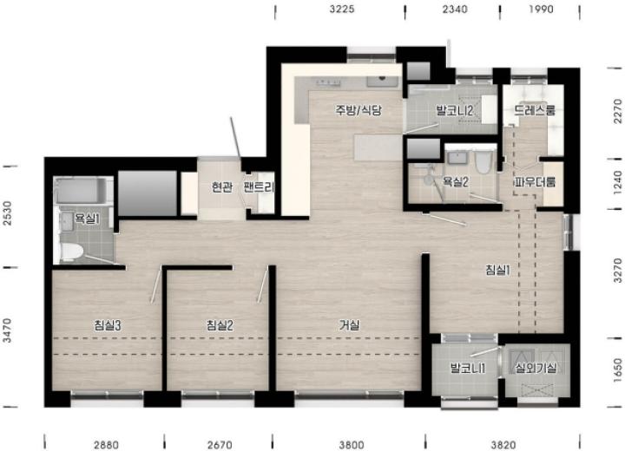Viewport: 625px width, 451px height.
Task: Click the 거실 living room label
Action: (349, 325)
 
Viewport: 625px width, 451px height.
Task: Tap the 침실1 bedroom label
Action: (498, 270)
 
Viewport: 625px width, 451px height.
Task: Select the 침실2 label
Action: (220, 325)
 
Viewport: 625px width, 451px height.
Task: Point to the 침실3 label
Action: (108, 325)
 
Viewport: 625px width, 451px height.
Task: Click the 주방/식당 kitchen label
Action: (359, 110)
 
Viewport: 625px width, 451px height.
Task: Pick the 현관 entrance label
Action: (222, 186)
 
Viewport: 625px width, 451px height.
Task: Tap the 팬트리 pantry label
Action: (259, 186)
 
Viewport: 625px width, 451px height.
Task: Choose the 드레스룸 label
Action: (535, 110)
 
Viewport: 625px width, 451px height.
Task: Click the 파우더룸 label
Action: (535, 182)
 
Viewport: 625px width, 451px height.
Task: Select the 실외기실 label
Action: (536, 368)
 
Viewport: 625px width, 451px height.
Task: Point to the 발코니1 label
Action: (468, 368)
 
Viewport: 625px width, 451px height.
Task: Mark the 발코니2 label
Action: (454, 110)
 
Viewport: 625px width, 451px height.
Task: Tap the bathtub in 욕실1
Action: (81, 191)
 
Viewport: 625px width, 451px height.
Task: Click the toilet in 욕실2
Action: (484, 162)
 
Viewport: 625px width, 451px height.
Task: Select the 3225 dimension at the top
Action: (342, 9)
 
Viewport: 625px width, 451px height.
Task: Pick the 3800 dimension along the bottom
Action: (352, 444)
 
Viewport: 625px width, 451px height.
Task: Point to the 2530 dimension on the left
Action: (8, 213)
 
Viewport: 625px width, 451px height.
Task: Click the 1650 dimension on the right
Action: (617, 370)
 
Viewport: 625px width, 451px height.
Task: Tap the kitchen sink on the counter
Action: (382, 82)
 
